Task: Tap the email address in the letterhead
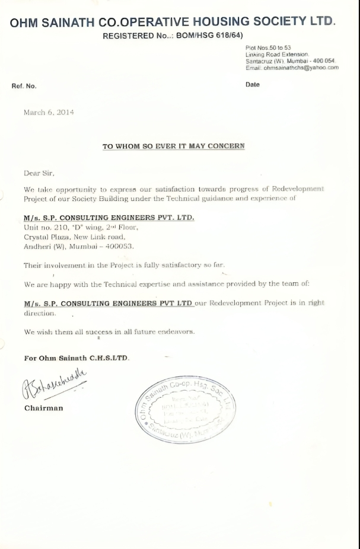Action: coord(292,68)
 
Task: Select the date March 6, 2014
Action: coord(49,113)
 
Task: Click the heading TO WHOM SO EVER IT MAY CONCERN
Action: coord(173,146)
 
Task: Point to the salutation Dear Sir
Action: coord(39,173)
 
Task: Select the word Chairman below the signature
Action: coord(43,408)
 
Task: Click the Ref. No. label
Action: coord(24,85)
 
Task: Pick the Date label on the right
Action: coord(252,84)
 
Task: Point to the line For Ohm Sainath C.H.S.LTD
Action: coord(77,358)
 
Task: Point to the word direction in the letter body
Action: coord(40,312)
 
